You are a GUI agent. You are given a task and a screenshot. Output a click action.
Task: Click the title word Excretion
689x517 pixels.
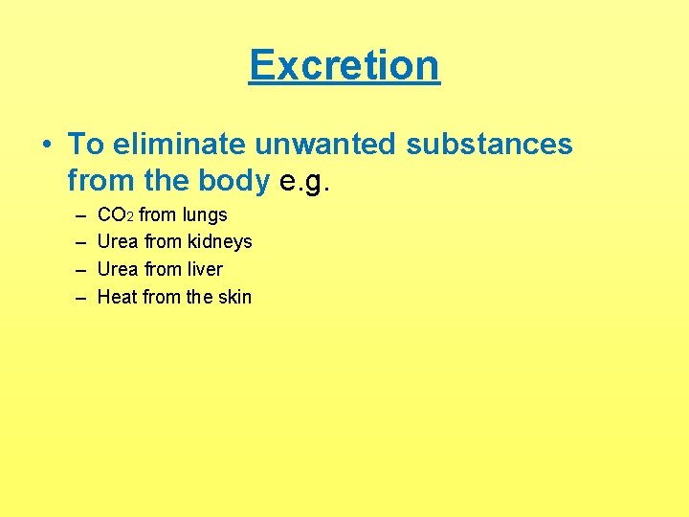(344, 65)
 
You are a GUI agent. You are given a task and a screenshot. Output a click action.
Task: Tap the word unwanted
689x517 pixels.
(325, 145)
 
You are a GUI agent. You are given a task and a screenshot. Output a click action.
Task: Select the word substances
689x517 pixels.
(489, 145)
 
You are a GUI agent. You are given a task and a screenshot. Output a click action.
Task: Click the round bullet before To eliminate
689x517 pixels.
(47, 146)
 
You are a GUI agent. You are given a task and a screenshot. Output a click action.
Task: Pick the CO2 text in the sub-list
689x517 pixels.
(116, 214)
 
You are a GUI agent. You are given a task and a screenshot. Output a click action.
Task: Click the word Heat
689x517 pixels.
(118, 297)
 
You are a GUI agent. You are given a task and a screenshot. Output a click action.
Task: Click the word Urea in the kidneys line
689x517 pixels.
(119, 242)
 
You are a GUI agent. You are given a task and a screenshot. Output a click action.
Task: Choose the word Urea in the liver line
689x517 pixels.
(119, 269)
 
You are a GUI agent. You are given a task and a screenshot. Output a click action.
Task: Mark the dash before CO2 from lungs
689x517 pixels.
(77, 214)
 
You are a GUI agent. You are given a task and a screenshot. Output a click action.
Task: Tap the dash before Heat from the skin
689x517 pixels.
(77, 297)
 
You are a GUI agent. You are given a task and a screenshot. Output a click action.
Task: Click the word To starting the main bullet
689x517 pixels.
(85, 145)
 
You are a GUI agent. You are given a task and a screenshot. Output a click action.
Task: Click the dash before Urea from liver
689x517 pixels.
(77, 269)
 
